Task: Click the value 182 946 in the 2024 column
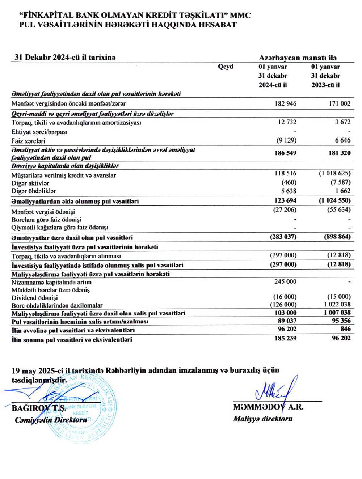pos(285,103)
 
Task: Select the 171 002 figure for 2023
pos(340,103)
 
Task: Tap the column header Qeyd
pos(226,67)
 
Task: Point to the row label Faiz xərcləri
pos(28,141)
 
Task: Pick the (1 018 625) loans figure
pos(334,173)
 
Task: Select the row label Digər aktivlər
pos(30,183)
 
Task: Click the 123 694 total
pos(285,200)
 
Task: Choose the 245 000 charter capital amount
pos(285,281)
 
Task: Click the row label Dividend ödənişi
pos(34,298)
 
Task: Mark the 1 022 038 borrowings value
pos(337,305)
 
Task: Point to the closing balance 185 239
pos(285,338)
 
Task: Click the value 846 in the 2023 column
pos(345,329)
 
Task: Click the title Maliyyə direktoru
pos(263,419)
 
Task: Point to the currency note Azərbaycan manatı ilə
pos(298,58)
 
